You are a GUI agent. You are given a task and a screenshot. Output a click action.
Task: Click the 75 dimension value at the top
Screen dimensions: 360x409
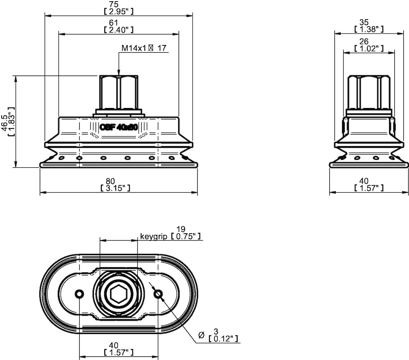(119, 4)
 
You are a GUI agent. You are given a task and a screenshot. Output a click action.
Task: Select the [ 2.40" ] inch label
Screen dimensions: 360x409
(119, 29)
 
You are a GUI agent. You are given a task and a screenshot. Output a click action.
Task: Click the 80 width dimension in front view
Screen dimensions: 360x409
(115, 181)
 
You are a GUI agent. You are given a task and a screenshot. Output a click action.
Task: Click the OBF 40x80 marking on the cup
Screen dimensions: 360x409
(118, 127)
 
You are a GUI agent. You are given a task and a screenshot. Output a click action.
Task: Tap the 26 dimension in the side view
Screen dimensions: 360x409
(364, 41)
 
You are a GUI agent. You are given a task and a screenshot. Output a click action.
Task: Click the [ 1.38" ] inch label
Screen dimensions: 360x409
(369, 29)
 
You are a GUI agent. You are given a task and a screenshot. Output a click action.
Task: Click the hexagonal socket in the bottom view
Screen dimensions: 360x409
(118, 294)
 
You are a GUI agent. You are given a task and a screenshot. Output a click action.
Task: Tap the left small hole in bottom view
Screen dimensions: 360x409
(79, 294)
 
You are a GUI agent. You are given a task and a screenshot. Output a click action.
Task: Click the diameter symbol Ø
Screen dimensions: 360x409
(201, 335)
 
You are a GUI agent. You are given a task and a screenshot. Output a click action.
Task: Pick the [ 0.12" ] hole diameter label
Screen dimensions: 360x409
(224, 339)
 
